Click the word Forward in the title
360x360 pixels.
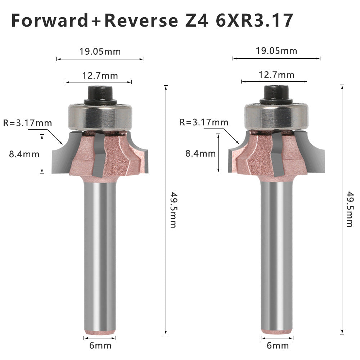pyautogui.click(x=50, y=21)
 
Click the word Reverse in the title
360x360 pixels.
pyautogui.click(x=141, y=21)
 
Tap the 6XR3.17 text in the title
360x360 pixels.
pyautogui.click(x=255, y=21)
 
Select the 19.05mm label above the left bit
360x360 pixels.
pyautogui.click(x=100, y=51)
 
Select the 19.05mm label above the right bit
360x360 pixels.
pyautogui.click(x=276, y=51)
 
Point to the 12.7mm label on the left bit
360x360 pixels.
pyautogui.click(x=100, y=76)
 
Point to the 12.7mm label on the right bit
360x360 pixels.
pyautogui.click(x=276, y=75)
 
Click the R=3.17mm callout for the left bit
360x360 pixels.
pyautogui.click(x=28, y=123)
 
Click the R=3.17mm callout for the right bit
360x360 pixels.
pyautogui.click(x=204, y=122)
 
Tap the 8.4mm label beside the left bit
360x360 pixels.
pyautogui.click(x=24, y=154)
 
